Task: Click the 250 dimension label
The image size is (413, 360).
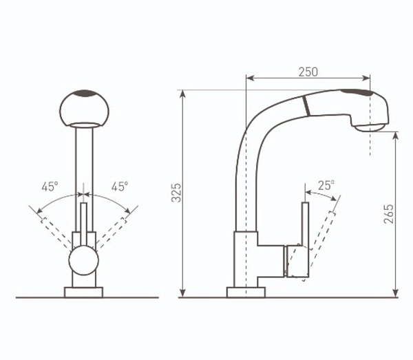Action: tap(308, 72)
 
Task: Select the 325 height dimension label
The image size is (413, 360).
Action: tap(176, 193)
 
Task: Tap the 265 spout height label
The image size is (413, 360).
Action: tap(388, 214)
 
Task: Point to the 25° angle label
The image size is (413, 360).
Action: tap(326, 185)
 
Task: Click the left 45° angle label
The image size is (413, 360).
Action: tap(50, 187)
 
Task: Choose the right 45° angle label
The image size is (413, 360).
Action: tap(120, 187)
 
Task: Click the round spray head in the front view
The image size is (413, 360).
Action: tap(84, 109)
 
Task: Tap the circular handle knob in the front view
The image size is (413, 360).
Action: tap(84, 260)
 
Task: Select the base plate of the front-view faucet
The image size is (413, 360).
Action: tap(83, 293)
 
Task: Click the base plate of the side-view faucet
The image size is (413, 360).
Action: tap(246, 293)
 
